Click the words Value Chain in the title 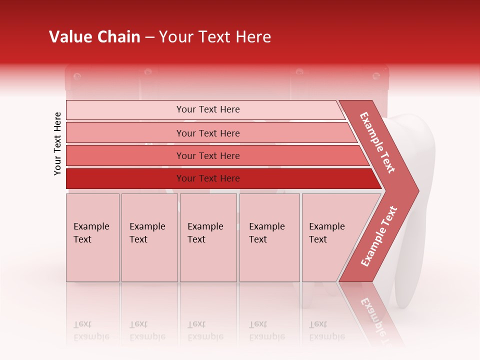tap(94, 37)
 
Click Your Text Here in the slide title tap(215, 37)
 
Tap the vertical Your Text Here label tap(57, 143)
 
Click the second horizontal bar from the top tap(207, 133)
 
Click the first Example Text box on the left tap(92, 237)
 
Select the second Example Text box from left tap(149, 237)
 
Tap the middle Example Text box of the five tap(208, 237)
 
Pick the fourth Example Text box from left tap(269, 237)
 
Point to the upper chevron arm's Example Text tap(377, 142)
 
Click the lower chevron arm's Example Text tap(378, 236)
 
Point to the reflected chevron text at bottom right tap(372, 315)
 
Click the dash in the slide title tap(149, 37)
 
